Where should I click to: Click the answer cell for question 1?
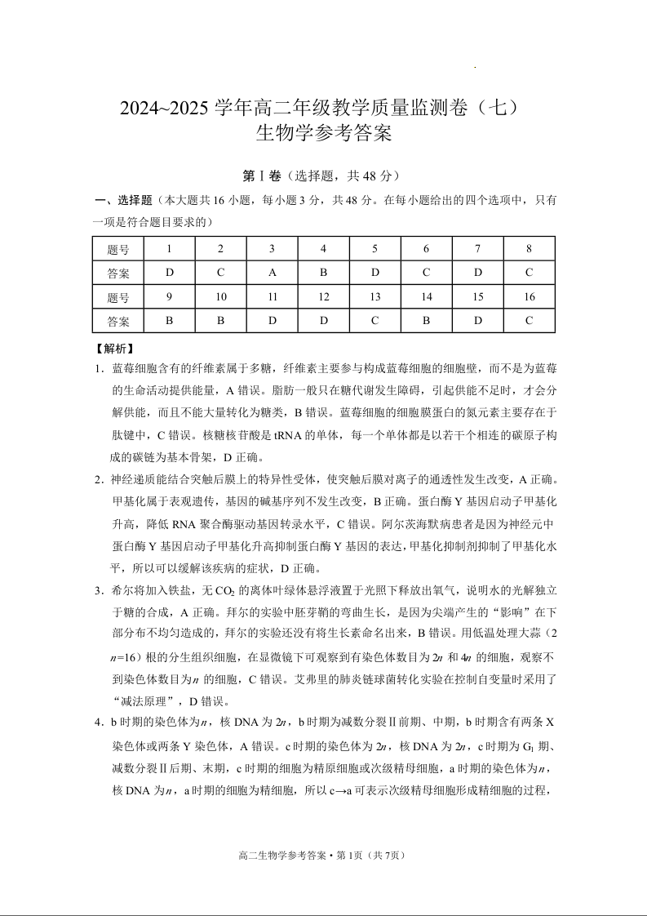169,273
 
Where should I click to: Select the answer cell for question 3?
272,273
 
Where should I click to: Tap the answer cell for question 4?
323,273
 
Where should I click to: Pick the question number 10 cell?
220,297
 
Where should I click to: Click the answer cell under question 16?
529,321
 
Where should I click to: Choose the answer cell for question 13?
374,321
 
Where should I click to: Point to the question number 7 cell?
477,249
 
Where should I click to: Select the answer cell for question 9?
169,321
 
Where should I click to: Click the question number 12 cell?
323,297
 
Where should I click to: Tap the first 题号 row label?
118,249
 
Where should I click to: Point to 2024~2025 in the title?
166,108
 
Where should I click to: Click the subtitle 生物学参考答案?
324,133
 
